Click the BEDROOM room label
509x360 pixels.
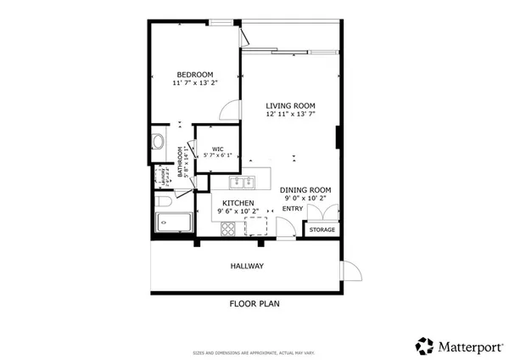pos(194,74)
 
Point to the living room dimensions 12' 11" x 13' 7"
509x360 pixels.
pos(291,115)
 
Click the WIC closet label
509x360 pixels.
pos(218,149)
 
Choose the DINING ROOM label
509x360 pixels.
pos(305,189)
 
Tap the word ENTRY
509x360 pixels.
pos(293,208)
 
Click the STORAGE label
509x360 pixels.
pos(322,230)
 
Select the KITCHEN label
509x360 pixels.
pos(238,202)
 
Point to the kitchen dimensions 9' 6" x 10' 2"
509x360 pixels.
pos(238,211)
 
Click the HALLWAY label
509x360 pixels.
pos(247,267)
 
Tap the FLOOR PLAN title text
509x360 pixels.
pos(255,302)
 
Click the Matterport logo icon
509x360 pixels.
pos(424,346)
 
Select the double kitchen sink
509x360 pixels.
pos(243,181)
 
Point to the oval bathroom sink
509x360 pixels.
pos(157,141)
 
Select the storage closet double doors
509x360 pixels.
pos(326,213)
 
